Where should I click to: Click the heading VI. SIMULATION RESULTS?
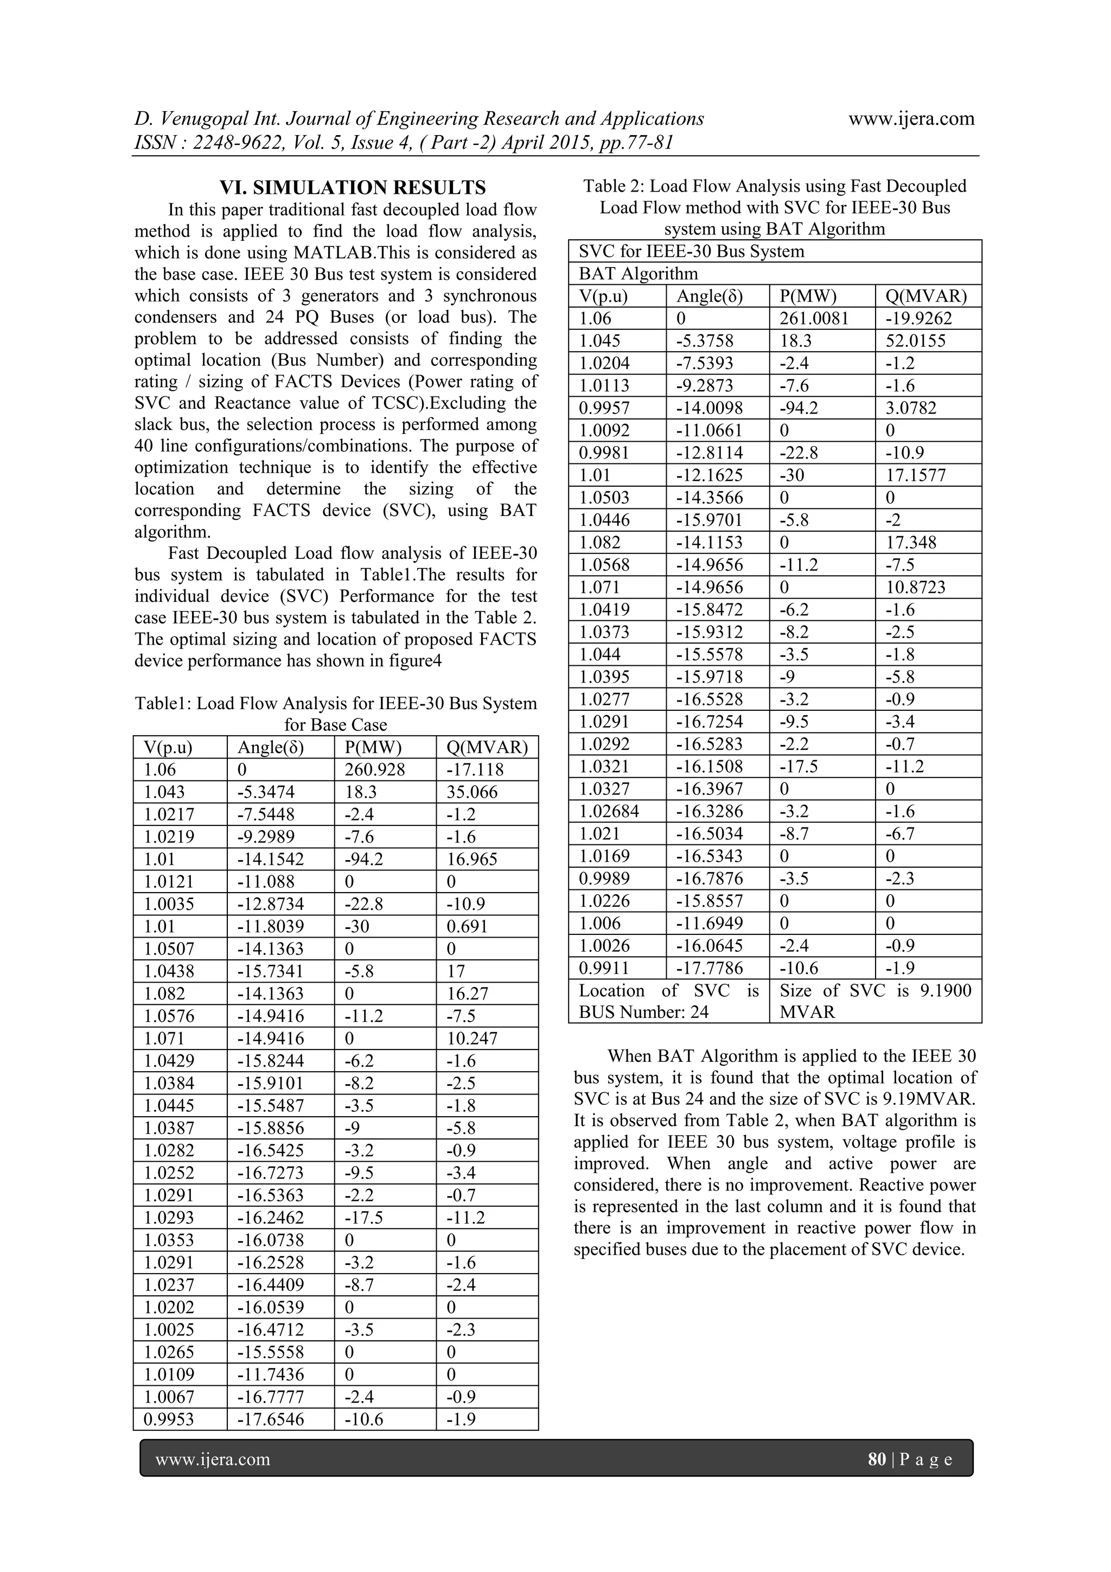click(x=353, y=188)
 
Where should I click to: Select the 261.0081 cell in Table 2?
click(x=813, y=319)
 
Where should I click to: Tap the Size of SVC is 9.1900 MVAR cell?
click(x=875, y=1001)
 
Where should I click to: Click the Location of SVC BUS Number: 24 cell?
click(x=668, y=1001)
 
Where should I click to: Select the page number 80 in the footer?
click(x=876, y=1460)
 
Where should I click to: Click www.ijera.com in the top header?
click(x=911, y=118)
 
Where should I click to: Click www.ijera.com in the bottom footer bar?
click(x=213, y=1460)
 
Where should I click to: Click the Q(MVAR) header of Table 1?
click(x=487, y=747)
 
